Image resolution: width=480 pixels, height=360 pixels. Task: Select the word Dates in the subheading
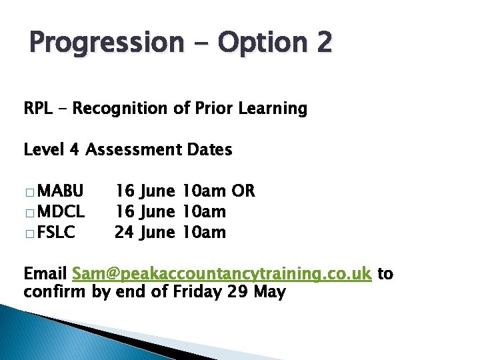pos(211,150)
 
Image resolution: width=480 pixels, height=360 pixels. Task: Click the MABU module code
pos(61,191)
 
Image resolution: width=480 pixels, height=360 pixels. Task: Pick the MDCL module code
pos(61,212)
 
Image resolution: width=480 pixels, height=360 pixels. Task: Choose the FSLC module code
pos(57,233)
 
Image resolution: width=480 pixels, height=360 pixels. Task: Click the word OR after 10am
pos(243,191)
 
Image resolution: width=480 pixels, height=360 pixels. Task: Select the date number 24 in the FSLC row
pos(124,233)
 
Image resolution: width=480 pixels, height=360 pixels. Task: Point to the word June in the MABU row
pos(158,191)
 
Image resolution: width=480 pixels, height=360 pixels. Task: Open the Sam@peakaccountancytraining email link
pos(221,274)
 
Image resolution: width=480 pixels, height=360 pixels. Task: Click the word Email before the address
pos(45,273)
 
